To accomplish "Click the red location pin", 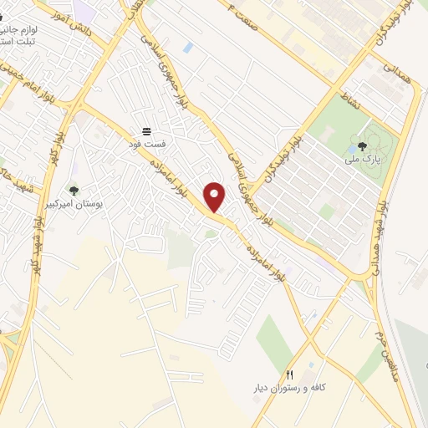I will pos(215,196).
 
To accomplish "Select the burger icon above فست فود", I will pos(147,131).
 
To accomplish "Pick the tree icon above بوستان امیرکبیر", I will pos(74,191).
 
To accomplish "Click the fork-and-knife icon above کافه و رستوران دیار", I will pos(290,374).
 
